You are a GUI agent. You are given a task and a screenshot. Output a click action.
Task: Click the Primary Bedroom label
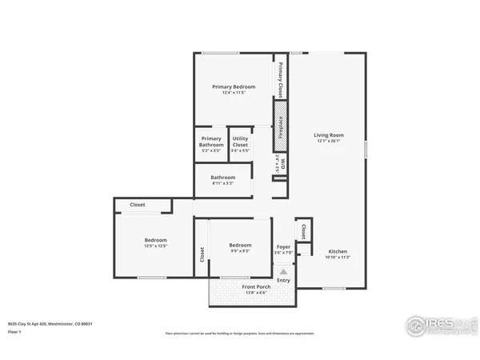point(234,90)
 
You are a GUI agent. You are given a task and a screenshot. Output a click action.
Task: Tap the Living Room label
point(328,138)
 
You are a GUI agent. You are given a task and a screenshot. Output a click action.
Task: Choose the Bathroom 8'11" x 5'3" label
point(222,180)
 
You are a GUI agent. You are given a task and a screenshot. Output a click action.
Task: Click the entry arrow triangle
point(283,272)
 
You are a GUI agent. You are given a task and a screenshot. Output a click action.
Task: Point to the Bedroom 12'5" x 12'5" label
point(155,243)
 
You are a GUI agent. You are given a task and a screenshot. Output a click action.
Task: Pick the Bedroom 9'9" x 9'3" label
point(240,248)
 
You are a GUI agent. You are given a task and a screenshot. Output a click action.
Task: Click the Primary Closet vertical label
point(281,79)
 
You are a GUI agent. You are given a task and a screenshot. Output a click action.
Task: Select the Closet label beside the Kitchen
point(303,230)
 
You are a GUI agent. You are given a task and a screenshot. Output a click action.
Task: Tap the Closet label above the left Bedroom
point(138,206)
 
